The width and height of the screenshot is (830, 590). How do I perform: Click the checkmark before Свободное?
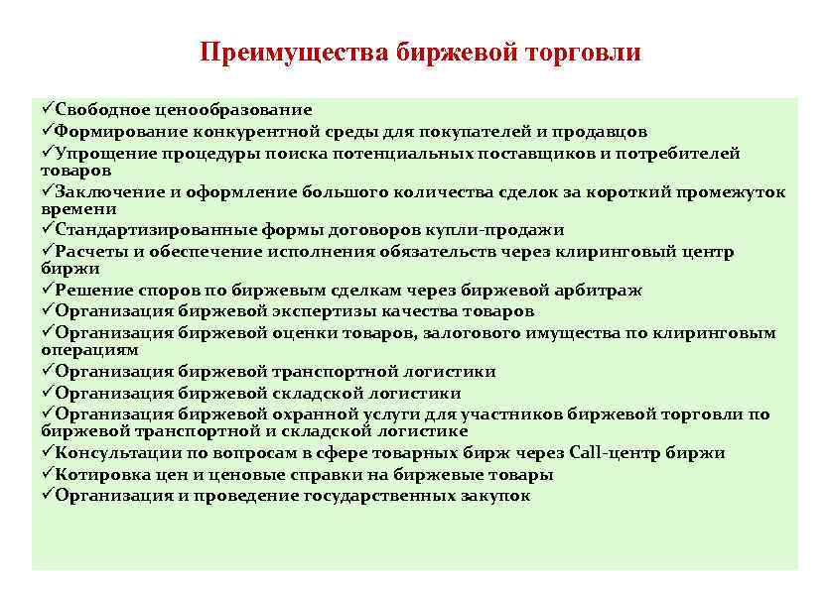tap(48, 109)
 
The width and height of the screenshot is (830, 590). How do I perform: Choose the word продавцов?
tap(599, 131)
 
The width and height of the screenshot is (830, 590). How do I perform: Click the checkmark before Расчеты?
tap(48, 252)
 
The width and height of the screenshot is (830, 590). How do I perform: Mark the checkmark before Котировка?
tap(48, 475)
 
